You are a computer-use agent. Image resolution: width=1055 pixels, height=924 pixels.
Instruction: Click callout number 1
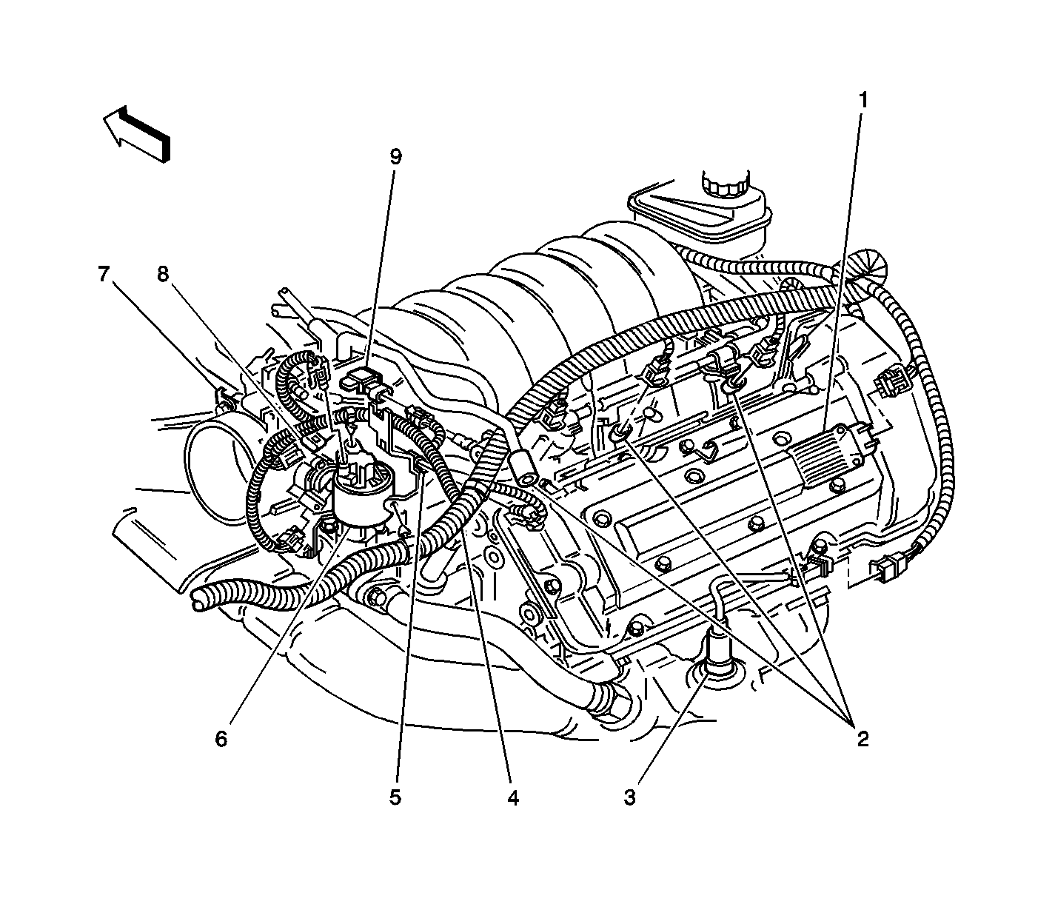click(x=863, y=100)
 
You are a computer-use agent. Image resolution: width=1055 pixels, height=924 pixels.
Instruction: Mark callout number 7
click(x=104, y=274)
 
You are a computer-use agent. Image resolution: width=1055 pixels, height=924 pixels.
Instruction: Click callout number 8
click(x=163, y=274)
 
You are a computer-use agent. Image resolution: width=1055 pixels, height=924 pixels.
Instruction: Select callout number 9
click(x=395, y=156)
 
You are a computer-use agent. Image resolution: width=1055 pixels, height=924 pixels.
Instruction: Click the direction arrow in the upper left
click(x=137, y=133)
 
